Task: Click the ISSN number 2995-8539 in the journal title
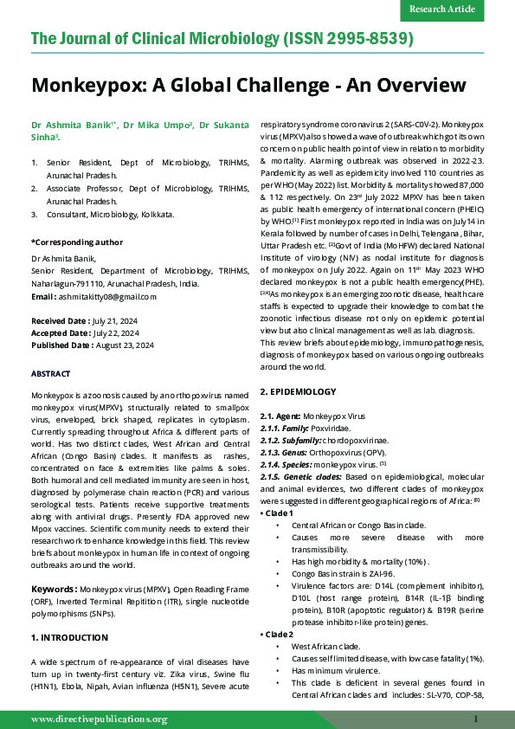click(x=364, y=40)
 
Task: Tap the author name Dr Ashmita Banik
click(x=65, y=126)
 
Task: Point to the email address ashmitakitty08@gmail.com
click(x=106, y=296)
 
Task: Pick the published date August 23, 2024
click(x=123, y=345)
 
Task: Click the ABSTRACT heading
click(x=51, y=373)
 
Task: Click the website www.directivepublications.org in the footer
click(x=100, y=719)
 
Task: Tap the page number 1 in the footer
click(x=476, y=719)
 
